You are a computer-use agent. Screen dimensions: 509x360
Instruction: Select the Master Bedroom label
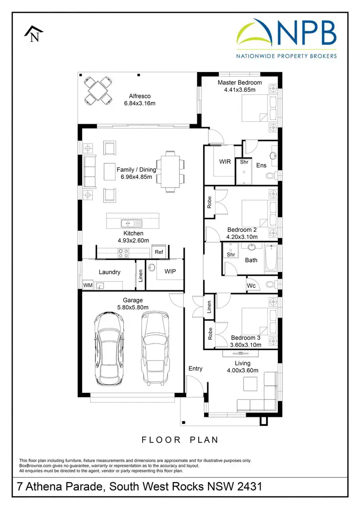pos(240,83)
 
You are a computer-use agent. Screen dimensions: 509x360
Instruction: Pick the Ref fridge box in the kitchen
pos(158,252)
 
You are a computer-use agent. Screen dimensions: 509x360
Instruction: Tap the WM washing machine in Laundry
pos(87,285)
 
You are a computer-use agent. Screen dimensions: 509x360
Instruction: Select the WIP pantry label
pos(170,272)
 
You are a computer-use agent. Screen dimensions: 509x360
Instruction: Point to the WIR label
pos(225,162)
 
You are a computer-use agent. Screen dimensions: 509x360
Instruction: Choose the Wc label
pos(251,286)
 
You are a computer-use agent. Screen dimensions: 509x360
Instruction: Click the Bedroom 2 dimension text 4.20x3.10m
pos(242,237)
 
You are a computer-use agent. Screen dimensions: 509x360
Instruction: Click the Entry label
pos(195,368)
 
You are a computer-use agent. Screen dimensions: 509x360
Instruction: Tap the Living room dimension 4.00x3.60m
pos(242,370)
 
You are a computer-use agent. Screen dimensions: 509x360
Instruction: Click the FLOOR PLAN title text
pos(180,439)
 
